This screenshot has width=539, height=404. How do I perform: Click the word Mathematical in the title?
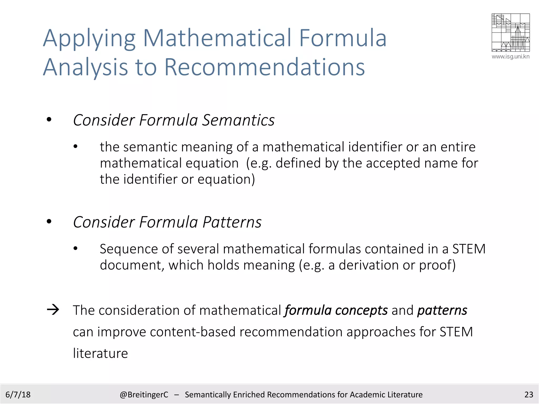tap(217, 38)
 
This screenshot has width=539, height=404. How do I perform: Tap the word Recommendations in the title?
tap(264, 67)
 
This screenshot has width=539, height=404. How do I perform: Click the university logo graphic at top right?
tap(510, 33)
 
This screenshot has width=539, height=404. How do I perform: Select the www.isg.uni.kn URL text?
tap(510, 57)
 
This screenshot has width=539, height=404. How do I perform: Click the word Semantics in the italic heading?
tap(238, 120)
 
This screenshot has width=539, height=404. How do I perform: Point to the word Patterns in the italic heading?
tap(232, 222)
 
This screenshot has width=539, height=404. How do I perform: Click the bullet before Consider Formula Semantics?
tap(49, 120)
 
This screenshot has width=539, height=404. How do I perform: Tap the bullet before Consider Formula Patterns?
tap(49, 222)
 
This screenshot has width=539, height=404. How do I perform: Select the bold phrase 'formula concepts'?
tap(336, 310)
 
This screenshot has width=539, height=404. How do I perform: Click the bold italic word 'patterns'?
tap(442, 310)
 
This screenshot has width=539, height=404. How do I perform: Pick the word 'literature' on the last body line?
tap(100, 353)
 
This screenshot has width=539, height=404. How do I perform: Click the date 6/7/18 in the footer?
tap(18, 395)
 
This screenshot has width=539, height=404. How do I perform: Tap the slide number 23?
tap(528, 395)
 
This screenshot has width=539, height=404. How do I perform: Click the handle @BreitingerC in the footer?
tap(144, 395)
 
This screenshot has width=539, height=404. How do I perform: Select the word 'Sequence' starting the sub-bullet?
tap(128, 249)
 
